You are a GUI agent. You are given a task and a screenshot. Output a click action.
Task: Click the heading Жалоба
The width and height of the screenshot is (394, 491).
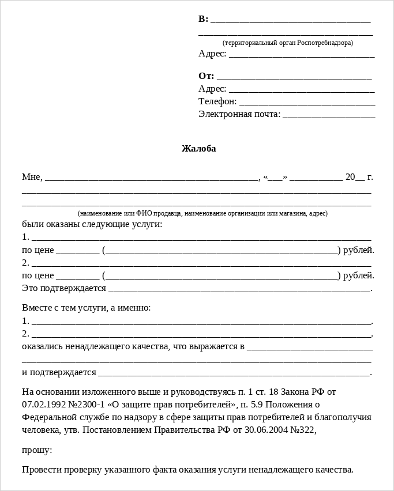pos(198,149)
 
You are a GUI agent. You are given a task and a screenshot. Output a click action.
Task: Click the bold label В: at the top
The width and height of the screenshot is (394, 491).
pos(203,19)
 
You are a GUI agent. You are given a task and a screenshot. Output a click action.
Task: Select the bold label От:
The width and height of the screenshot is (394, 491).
pos(206,76)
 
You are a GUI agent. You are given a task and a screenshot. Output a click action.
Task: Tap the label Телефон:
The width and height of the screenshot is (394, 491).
pos(217,101)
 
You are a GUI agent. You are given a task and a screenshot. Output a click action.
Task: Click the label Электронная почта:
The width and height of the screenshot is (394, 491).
pos(239,114)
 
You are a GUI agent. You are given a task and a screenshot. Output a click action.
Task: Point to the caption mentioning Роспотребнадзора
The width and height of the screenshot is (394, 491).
pos(287,43)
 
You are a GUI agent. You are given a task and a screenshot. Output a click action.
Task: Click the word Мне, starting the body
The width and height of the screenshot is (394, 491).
pos(32,177)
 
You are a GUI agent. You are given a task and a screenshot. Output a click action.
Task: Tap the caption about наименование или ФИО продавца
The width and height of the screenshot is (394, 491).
pos(202,213)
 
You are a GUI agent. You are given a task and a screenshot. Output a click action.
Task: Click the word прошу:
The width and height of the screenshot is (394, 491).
pos(37,450)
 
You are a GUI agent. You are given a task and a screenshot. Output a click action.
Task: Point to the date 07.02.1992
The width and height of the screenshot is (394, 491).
pos(43,404)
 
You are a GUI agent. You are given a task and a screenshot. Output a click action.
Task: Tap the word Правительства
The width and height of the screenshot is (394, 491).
pos(185,429)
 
